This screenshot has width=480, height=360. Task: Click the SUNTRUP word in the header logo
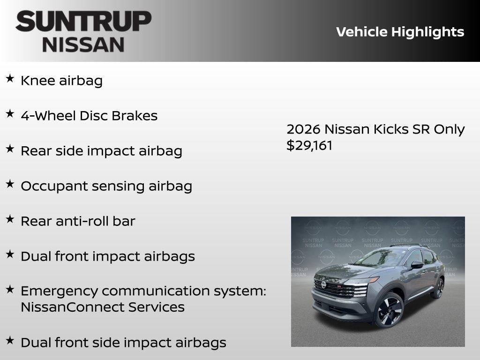83,22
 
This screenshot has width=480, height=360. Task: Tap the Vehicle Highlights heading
400,32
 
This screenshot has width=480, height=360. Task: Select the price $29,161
309,145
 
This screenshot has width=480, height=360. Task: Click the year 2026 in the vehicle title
303,129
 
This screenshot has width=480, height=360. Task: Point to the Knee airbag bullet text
61,81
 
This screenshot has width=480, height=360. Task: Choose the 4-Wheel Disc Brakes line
89,116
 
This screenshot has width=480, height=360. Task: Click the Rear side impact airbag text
101,151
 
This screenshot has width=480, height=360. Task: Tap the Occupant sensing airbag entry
106,186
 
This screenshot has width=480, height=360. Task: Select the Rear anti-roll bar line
78,221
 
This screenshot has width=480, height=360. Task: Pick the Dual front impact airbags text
108,256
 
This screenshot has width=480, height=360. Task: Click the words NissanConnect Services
103,307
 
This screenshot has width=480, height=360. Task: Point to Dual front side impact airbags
123,343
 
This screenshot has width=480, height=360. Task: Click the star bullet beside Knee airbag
10,79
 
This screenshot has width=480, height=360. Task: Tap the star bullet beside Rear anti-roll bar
10,219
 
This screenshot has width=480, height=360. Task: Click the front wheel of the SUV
389,310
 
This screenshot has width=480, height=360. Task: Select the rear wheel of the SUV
438,288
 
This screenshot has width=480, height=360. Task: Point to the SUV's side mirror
417,265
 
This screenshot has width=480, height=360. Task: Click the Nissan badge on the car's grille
323,285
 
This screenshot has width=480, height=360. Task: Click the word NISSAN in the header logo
83,44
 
